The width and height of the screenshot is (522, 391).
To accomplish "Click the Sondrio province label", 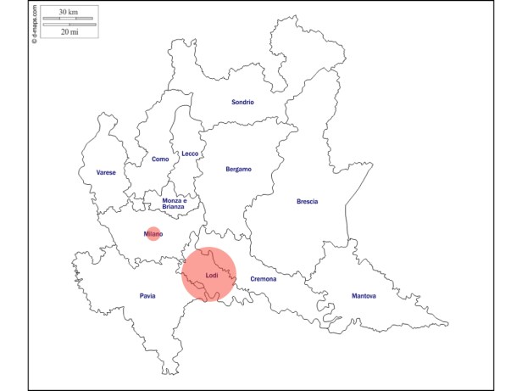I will pyautogui.click(x=242, y=103).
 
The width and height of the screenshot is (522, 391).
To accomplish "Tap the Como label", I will pyautogui.click(x=160, y=159).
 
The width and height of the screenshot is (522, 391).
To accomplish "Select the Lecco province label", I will pyautogui.click(x=190, y=154).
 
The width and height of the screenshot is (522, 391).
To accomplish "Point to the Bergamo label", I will pyautogui.click(x=238, y=169).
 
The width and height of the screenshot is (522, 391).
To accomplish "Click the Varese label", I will pyautogui.click(x=106, y=172).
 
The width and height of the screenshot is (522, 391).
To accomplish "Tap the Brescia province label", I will pyautogui.click(x=307, y=201).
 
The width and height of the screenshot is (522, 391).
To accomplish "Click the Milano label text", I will pyautogui.click(x=153, y=233).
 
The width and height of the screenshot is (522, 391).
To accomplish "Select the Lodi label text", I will pyautogui.click(x=211, y=275).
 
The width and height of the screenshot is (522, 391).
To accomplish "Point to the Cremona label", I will pyautogui.click(x=264, y=279).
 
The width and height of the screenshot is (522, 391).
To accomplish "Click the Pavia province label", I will pyautogui.click(x=147, y=296).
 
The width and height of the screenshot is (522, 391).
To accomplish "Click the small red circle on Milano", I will pyautogui.click(x=153, y=234).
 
